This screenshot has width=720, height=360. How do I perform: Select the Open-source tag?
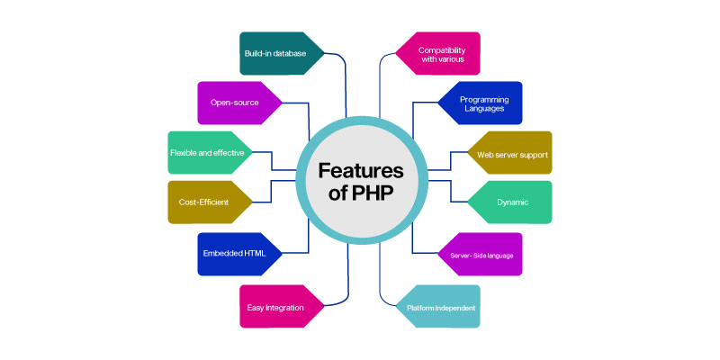click(239, 103)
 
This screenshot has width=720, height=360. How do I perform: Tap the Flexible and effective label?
click(210, 153)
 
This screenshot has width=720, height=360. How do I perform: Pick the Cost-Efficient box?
click(210, 202)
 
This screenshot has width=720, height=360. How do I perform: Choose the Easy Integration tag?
click(282, 306)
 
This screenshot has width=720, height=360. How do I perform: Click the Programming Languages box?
click(481, 103)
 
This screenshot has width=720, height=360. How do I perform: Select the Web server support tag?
click(509, 153)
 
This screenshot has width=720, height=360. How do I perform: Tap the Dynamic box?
click(509, 202)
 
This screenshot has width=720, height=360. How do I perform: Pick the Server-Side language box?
click(481, 254)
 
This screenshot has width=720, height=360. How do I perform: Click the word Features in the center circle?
click(361, 171)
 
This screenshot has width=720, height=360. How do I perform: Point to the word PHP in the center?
click(373, 193)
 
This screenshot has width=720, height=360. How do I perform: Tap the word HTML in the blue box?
click(255, 254)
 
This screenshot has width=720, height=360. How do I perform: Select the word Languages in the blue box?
click(484, 109)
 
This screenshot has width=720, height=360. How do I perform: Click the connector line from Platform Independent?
click(380, 284)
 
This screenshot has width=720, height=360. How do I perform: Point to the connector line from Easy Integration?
click(347, 284)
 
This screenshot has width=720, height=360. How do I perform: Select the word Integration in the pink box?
click(285, 308)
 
